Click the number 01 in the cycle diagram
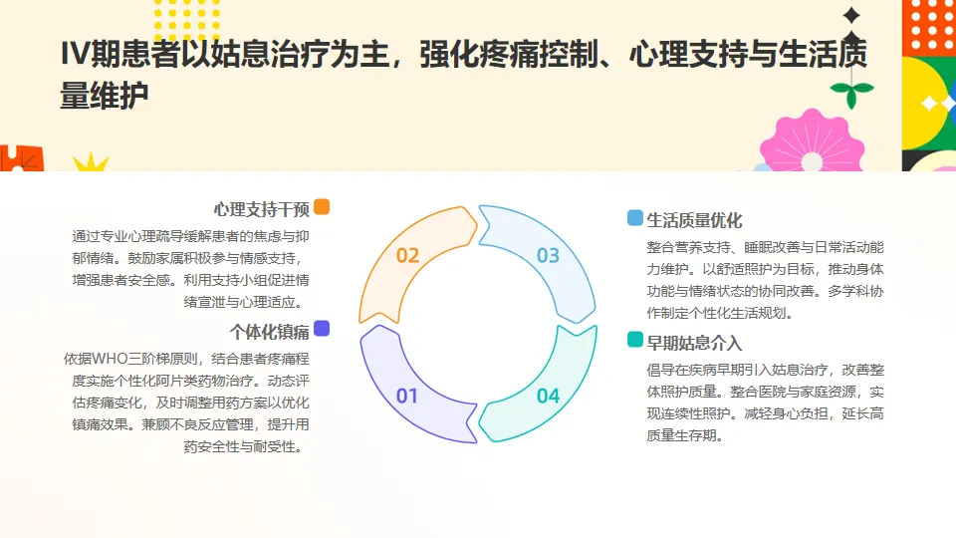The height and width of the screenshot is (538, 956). pyautogui.click(x=407, y=396)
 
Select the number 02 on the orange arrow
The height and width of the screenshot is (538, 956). pyautogui.click(x=407, y=255)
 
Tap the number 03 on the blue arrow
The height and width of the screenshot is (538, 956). pyautogui.click(x=548, y=255)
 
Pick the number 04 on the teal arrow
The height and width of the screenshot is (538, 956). pyautogui.click(x=548, y=396)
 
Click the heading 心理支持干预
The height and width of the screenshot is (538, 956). pyautogui.click(x=261, y=208)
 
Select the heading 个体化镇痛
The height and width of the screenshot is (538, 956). pyautogui.click(x=269, y=331)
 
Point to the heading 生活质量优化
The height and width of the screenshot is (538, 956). pyautogui.click(x=694, y=220)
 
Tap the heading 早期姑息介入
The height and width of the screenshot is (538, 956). pyautogui.click(x=694, y=343)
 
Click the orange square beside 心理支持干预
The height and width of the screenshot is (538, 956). pyautogui.click(x=322, y=207)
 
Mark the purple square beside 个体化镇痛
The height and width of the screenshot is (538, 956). pyautogui.click(x=322, y=329)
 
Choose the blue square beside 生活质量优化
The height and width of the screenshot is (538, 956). pyautogui.click(x=634, y=218)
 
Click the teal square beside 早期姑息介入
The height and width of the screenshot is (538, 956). pyautogui.click(x=634, y=341)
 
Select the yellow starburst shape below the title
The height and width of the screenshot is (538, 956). pyautogui.click(x=91, y=162)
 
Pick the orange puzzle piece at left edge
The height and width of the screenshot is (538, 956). pyautogui.click(x=18, y=159)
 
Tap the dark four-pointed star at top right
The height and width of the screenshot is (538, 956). pyautogui.click(x=851, y=15)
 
